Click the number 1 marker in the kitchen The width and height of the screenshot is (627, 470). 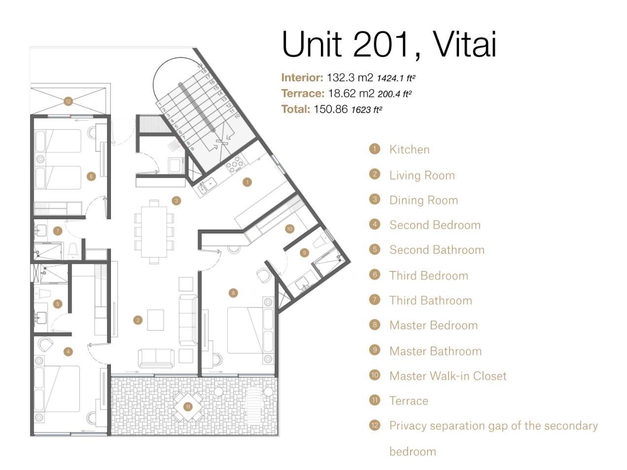(247, 182)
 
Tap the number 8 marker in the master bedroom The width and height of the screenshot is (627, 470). (233, 293)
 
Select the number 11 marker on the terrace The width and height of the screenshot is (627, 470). (188, 407)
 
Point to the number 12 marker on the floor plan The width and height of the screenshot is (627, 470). (68, 101)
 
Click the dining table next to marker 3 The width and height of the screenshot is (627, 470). (154, 232)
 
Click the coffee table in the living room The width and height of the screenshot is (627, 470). (156, 320)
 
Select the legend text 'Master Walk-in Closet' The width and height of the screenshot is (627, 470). (448, 376)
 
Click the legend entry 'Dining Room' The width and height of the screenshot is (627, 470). (423, 200)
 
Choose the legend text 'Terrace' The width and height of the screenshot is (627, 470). (409, 401)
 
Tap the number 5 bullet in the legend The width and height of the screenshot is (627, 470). (375, 249)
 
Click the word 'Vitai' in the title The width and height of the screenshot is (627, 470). (464, 44)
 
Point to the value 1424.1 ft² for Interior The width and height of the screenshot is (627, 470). (396, 78)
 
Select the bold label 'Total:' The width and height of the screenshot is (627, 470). (296, 109)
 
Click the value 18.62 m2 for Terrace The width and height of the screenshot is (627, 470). (351, 93)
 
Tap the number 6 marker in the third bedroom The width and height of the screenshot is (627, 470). (91, 176)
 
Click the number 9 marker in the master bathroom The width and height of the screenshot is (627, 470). (304, 253)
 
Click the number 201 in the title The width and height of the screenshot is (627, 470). (381, 44)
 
